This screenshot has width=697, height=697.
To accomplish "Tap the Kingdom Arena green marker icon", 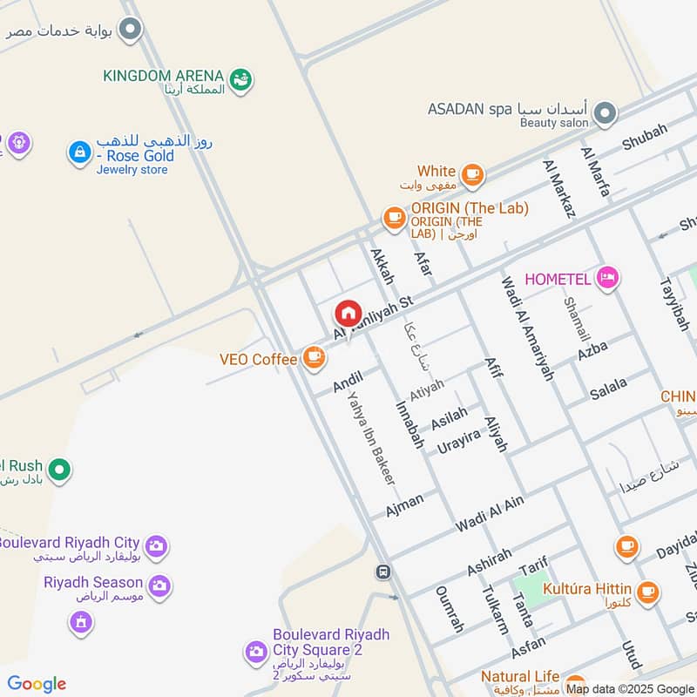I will pos(242,80).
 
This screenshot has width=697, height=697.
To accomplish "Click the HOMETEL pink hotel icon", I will pos(607,278).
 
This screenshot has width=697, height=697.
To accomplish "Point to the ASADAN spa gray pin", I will pos(604,113).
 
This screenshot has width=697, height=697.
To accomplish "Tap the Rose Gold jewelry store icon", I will pos(80,152).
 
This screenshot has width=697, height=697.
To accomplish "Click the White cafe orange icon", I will pos(472,175).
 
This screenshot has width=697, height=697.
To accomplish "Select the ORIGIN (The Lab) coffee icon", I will pos(395,217).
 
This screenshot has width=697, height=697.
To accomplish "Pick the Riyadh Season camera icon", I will pos(159,585).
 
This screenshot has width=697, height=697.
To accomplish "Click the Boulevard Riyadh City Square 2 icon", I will pos(255,651).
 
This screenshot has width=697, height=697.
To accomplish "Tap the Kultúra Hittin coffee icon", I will pos(646,592).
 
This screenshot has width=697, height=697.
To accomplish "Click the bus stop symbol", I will pos(382,572).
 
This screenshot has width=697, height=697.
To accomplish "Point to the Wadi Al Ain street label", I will pos(490,514).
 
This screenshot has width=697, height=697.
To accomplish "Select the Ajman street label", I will pos(405,504).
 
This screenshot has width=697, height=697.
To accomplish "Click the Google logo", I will pos(37,684).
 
